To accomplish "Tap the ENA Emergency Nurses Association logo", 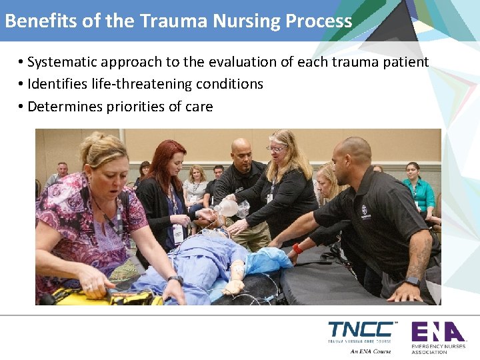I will (x=437, y=337).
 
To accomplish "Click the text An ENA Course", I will (x=371, y=351).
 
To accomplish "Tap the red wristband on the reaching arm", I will (x=297, y=249).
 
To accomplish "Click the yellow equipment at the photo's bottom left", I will (x=100, y=295).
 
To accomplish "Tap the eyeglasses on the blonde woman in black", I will (x=276, y=148).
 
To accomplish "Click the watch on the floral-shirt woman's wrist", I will (x=175, y=280).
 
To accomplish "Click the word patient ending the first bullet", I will (x=406, y=62).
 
